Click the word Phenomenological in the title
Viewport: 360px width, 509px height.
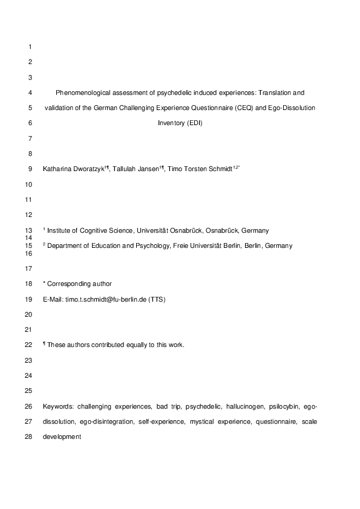[80, 93]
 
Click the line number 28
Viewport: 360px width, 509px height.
[31, 436]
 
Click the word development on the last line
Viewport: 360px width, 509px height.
[62, 436]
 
